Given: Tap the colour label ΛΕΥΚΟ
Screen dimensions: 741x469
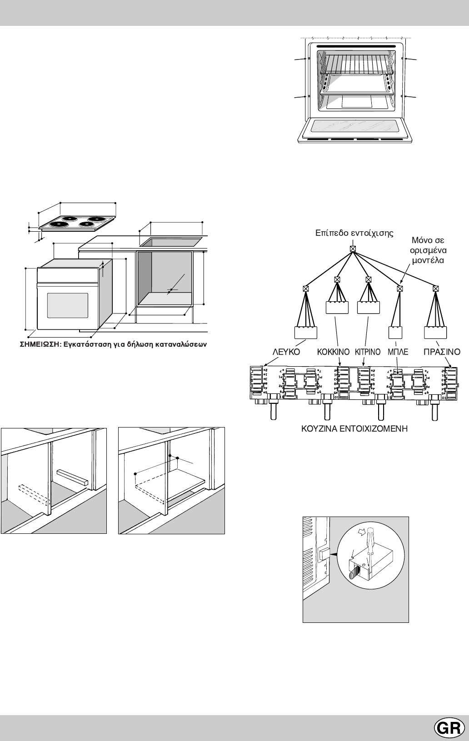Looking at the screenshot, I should (x=286, y=352).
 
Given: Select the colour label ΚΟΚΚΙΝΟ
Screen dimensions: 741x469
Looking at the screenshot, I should (x=333, y=352).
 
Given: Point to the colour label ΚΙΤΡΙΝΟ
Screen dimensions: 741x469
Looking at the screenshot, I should (x=368, y=352).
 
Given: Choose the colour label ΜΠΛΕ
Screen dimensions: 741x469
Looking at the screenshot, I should (x=398, y=352).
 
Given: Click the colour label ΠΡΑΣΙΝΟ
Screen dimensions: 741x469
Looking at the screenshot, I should (x=442, y=352).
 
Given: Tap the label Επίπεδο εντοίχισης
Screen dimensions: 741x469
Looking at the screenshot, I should (x=354, y=233).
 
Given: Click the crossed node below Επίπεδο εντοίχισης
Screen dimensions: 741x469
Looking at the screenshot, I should (x=353, y=249).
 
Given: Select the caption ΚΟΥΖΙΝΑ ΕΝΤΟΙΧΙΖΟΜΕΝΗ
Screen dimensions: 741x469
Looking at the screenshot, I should (x=354, y=428).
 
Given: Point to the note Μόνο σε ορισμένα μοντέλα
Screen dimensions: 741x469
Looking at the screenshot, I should (x=427, y=250).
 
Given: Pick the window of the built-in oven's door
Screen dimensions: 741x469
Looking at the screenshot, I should (x=67, y=306).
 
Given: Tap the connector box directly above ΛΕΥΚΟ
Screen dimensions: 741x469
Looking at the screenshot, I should (x=306, y=333).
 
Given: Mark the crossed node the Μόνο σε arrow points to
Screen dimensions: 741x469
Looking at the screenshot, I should (x=400, y=288).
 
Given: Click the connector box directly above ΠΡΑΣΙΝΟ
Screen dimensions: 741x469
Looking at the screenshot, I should (x=435, y=333).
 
